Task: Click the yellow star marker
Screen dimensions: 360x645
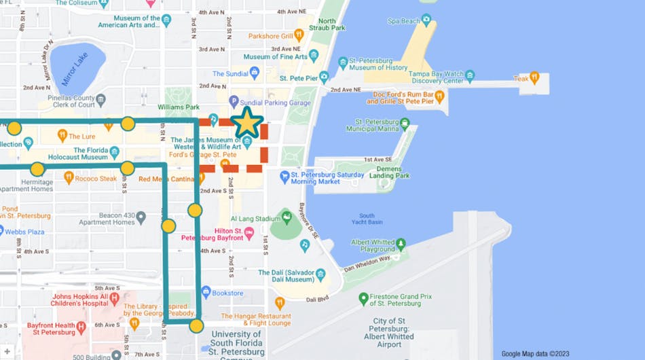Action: [x=247, y=122]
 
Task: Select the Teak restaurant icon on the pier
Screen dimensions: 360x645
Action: [x=534, y=78]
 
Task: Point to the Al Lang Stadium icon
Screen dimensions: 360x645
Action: [x=287, y=218]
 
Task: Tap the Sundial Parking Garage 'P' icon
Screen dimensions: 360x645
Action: [x=234, y=101]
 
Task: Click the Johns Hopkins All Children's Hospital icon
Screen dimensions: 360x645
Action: [x=114, y=298]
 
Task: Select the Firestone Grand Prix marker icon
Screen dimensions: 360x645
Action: [x=363, y=298]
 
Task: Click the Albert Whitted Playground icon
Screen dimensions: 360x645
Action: [x=401, y=244]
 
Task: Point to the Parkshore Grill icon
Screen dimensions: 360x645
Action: [x=299, y=35]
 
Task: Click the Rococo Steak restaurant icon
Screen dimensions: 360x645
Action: [x=69, y=177]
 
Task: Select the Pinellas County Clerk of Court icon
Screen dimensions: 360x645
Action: [x=101, y=101]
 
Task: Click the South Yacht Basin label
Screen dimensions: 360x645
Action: [x=367, y=219]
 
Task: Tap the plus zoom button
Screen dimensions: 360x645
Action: [x=7, y=352]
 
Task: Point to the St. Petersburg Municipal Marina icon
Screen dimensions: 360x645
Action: [x=405, y=124]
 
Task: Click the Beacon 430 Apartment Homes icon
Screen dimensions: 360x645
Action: [x=141, y=217]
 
